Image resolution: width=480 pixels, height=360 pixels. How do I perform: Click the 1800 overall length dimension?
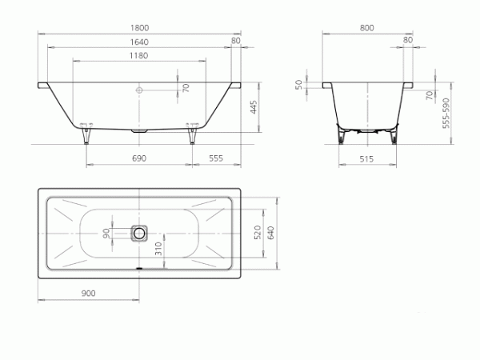[139, 28]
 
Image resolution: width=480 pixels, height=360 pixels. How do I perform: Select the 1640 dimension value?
[139, 42]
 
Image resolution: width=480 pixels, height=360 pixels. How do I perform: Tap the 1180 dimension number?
[138, 55]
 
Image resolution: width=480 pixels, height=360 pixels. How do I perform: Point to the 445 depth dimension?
[254, 107]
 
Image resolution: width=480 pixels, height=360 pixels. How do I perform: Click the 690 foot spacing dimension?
[139, 158]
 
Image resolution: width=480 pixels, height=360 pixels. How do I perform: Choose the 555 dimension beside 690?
[216, 158]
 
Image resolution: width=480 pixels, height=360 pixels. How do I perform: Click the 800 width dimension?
[366, 28]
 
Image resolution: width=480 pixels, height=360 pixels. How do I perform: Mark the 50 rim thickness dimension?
[298, 85]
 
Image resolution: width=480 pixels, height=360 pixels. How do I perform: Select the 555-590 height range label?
[446, 113]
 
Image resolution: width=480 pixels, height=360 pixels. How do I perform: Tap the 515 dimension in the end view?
[366, 159]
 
